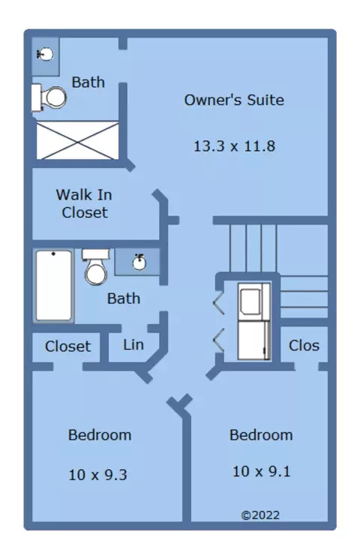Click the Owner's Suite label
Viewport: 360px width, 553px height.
pos(234,100)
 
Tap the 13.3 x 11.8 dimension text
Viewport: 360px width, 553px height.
pos(234,146)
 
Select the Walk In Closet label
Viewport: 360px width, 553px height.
pos(84,203)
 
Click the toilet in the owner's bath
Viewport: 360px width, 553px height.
pos(49,98)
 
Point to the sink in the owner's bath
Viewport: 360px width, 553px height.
pos(45,55)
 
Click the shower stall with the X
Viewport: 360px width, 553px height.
pos(77,140)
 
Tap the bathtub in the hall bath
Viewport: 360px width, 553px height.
pos(54,286)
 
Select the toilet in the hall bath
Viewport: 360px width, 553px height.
pos(96,266)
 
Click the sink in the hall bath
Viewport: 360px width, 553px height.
pos(139,262)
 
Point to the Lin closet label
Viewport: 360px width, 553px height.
pos(133,344)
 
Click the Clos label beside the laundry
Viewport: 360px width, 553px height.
pos(304,346)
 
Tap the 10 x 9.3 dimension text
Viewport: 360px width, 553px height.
pos(97,475)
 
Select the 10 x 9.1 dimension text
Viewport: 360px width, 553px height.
pos(261,471)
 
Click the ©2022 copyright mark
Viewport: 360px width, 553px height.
pos(260,515)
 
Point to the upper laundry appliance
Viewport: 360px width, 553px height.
pos(253,302)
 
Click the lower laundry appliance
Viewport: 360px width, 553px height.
pos(253,341)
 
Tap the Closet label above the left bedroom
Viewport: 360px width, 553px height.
pos(67,347)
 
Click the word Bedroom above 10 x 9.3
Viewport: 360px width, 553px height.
pos(100,435)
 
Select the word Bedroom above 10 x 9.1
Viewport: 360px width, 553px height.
pos(261,435)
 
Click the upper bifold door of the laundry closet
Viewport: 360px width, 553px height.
pos(218,302)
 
